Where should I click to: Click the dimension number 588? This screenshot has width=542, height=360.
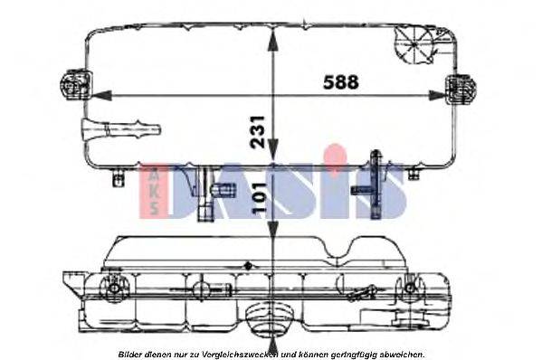pyautogui.click(x=341, y=82)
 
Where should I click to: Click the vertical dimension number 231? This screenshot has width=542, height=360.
pyautogui.click(x=258, y=132)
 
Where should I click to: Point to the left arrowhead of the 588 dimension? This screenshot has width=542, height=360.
pyautogui.click(x=102, y=95)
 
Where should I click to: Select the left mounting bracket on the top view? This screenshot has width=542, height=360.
pyautogui.click(x=75, y=84)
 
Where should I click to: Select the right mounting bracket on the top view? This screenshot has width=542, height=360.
pyautogui.click(x=460, y=89)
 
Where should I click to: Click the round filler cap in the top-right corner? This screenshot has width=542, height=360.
pyautogui.click(x=414, y=44)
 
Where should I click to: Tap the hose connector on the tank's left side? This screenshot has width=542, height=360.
pyautogui.click(x=121, y=129)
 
